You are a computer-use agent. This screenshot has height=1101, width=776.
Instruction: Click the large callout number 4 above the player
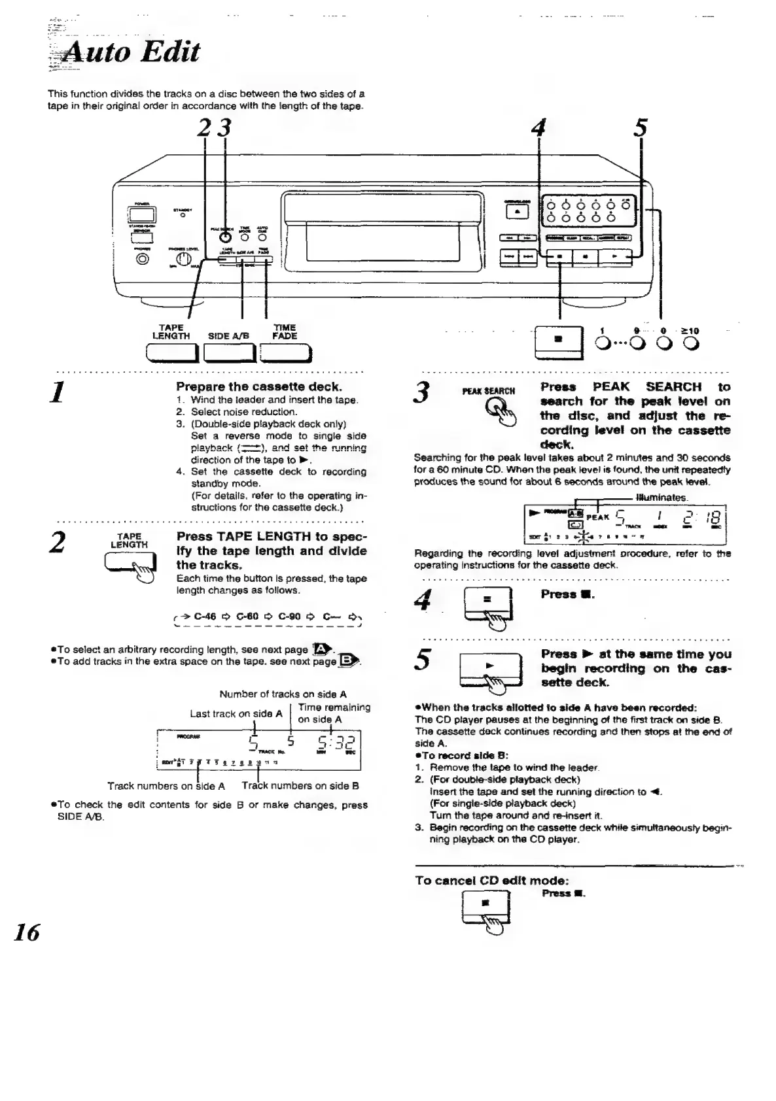point(539,128)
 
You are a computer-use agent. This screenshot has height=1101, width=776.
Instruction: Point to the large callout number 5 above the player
point(641,128)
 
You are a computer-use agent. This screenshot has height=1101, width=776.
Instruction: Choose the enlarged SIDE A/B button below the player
point(229,353)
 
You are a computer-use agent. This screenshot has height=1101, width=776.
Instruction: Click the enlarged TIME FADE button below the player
point(285,353)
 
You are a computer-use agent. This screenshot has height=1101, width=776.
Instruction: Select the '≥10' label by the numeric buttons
point(690,331)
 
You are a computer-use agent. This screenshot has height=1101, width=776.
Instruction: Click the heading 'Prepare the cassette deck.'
point(259,386)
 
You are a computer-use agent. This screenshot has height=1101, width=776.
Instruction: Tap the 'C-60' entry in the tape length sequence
point(248,616)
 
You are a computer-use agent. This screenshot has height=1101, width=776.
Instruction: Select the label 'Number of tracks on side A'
point(283,694)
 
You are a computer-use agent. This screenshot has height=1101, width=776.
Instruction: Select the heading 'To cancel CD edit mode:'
point(491,880)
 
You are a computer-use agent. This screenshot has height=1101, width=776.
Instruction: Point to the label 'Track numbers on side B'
point(300,786)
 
